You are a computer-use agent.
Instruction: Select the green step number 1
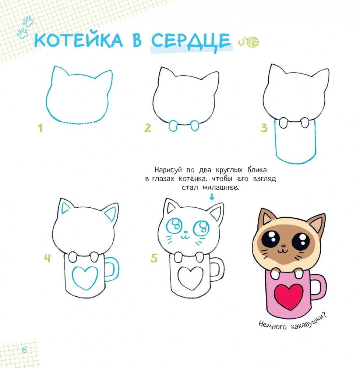click(x=40, y=128)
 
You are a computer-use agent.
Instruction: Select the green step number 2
click(x=148, y=128)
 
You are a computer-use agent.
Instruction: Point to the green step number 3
click(x=264, y=128)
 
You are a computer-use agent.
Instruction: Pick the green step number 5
click(x=154, y=258)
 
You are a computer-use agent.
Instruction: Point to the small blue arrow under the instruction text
click(x=211, y=197)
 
